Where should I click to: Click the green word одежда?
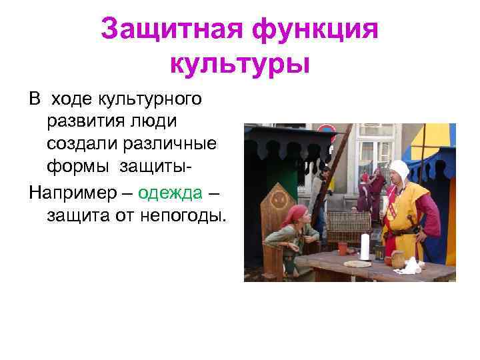point(170,193)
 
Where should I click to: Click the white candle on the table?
point(365,246)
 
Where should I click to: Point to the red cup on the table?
point(343,248)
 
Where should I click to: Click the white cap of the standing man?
point(398,169)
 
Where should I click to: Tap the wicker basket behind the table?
point(347,227)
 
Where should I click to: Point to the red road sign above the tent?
point(326,130)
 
